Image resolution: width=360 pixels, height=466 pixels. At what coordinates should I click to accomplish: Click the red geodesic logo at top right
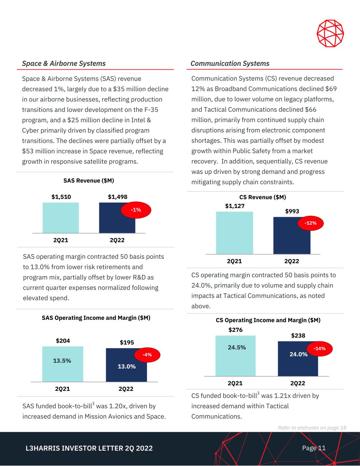(x=330, y=33)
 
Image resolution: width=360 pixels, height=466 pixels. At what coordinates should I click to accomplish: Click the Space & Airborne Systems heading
(x=64, y=63)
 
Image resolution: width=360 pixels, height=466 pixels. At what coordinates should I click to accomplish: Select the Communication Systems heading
(x=230, y=63)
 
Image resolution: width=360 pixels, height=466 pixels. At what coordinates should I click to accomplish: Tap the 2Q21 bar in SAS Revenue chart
(x=61, y=218)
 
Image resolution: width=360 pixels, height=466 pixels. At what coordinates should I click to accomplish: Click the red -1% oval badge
(x=136, y=210)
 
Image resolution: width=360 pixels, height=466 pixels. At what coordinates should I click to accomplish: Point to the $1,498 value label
(x=117, y=197)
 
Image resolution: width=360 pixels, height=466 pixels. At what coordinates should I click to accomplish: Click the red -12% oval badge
(x=311, y=223)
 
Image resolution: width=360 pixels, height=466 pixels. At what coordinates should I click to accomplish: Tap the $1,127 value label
(x=235, y=206)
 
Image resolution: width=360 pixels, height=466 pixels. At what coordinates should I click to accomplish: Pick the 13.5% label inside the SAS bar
(x=62, y=361)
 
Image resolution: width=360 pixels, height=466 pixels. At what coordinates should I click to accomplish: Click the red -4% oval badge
(x=147, y=355)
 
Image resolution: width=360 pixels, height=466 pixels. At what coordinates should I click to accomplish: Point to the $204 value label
(x=63, y=341)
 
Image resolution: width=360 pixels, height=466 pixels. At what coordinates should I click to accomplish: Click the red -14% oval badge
(x=320, y=349)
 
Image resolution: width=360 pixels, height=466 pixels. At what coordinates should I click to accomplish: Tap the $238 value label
(x=298, y=336)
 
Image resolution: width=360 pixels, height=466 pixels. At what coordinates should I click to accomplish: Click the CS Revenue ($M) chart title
(x=262, y=197)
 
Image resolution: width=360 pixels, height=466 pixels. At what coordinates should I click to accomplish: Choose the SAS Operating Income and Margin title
(x=96, y=318)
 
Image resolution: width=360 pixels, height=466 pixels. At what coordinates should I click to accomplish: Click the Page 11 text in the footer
(x=314, y=448)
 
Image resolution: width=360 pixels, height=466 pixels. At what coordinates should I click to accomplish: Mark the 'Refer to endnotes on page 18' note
(x=312, y=428)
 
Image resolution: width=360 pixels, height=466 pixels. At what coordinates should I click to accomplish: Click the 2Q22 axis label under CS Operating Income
(x=298, y=383)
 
